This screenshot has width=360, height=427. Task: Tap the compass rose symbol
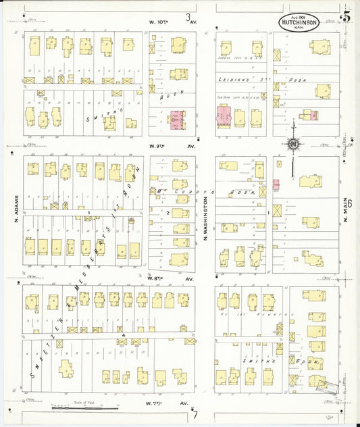click(292, 143)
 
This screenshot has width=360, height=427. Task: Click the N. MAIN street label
click(344, 210)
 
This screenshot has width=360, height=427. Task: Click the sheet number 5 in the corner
click(346, 16)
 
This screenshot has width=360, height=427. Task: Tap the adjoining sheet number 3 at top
click(188, 16)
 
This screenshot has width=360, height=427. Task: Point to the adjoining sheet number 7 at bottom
click(195, 413)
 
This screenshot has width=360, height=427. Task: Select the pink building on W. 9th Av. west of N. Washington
click(177, 120)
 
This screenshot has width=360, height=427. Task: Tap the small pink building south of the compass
click(276, 184)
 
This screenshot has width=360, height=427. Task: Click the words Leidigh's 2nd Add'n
click(263, 80)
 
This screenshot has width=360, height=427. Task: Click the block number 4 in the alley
click(124, 334)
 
